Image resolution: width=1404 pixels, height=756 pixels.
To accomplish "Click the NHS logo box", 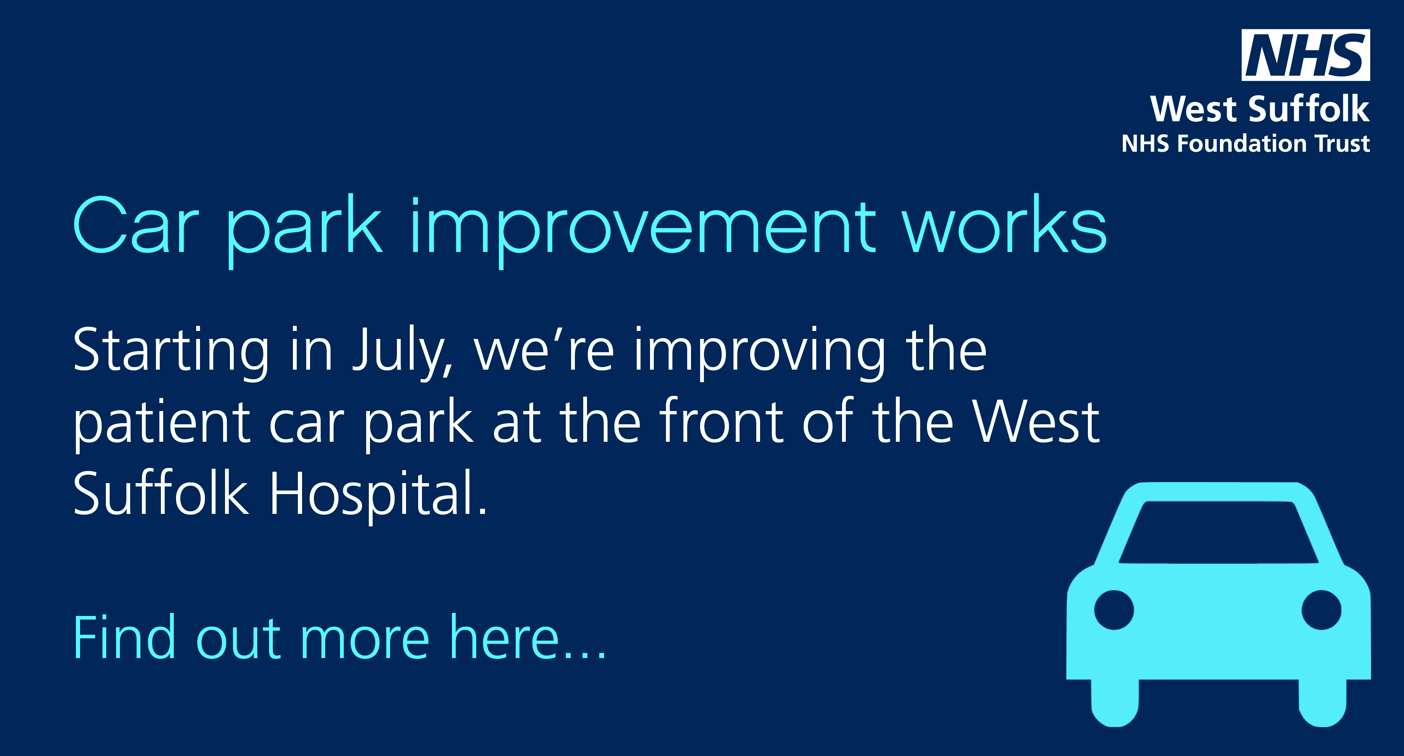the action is [x=1305, y=55].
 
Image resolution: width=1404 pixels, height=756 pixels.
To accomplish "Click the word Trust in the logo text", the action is [x=1343, y=143].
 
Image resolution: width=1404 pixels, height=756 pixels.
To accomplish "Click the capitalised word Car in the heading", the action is [x=136, y=225].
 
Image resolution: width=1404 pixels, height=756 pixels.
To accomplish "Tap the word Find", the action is [x=124, y=636].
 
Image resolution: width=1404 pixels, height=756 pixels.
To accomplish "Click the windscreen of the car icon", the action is [x=1218, y=532].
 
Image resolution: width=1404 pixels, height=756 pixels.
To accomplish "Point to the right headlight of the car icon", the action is [x=1322, y=610].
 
